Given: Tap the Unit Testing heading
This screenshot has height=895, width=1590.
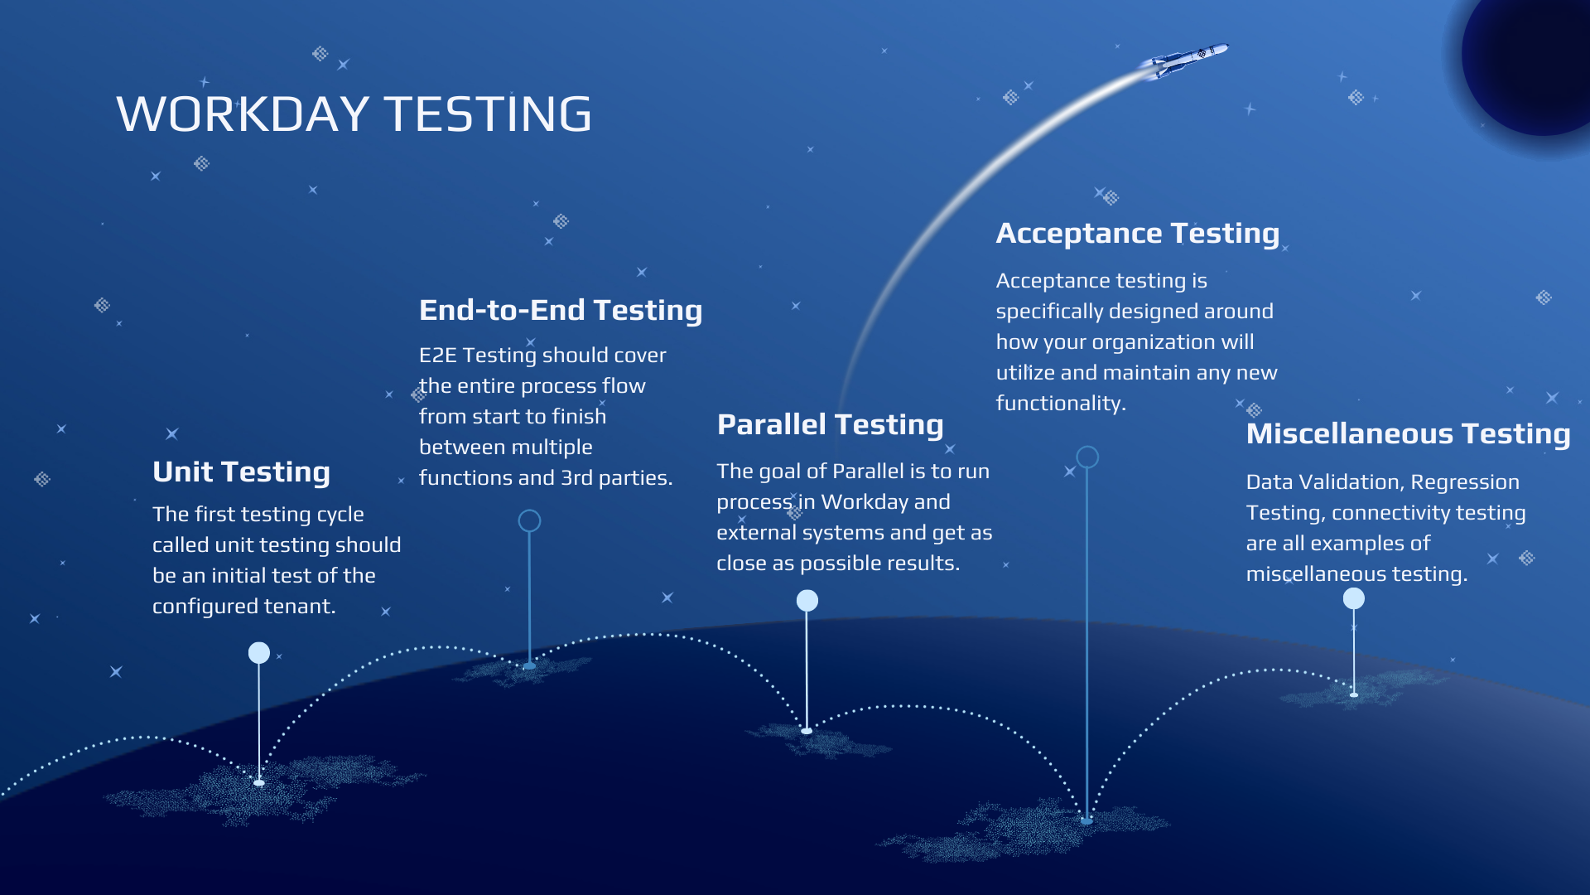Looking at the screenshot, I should tap(241, 472).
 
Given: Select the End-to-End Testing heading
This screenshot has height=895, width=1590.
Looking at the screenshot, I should tap(560, 311).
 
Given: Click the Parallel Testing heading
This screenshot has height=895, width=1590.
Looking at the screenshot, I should tap(830, 425).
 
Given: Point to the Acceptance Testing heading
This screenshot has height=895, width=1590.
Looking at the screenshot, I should tap(1137, 234).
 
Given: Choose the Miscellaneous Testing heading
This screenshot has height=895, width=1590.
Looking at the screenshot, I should tap(1408, 434).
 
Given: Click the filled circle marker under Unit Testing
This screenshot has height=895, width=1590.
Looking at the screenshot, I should tap(259, 653).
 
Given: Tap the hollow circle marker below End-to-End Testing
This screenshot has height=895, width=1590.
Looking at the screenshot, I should tap(529, 520).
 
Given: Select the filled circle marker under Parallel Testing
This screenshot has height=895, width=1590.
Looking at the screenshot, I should tap(807, 601).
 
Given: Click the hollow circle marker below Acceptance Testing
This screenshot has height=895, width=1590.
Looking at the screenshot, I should tap(1087, 457).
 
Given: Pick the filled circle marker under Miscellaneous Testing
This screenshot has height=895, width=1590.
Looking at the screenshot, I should tap(1354, 598).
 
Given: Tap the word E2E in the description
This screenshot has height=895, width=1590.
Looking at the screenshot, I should tap(437, 356).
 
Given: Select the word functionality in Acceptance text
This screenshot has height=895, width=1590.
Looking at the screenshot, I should tap(1060, 404).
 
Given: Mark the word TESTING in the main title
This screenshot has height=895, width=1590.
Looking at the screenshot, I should tap(488, 114).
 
